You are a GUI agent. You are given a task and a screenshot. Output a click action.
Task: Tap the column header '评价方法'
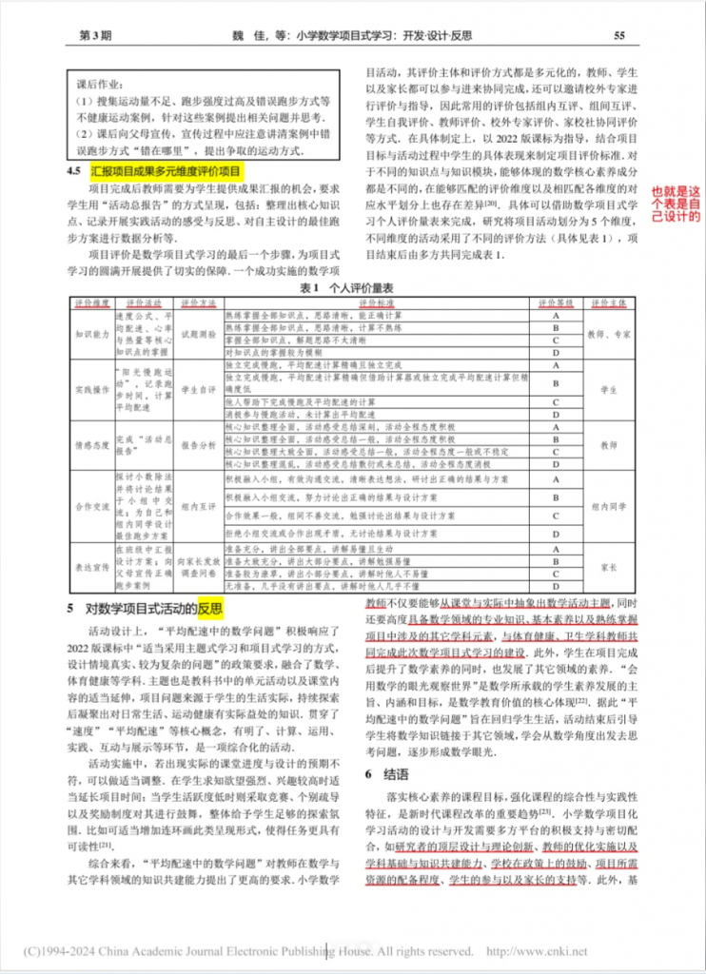pyautogui.click(x=195, y=301)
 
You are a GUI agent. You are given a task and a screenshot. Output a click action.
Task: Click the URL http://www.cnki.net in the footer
pyautogui.click(x=537, y=950)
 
